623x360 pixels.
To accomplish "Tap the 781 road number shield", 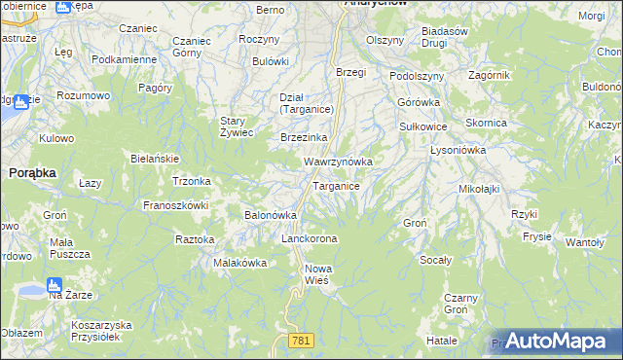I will click(302, 340).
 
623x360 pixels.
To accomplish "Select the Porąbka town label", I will click(31, 172).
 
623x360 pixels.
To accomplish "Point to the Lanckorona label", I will click(309, 238).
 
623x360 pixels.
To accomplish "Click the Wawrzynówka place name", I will click(338, 162).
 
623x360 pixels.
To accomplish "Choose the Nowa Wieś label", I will click(317, 274).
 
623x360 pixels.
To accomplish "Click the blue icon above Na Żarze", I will click(55, 287).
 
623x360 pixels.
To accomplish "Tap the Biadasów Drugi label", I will click(447, 36).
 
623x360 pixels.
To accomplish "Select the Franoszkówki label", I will click(176, 205).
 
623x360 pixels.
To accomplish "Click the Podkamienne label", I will click(124, 59).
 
